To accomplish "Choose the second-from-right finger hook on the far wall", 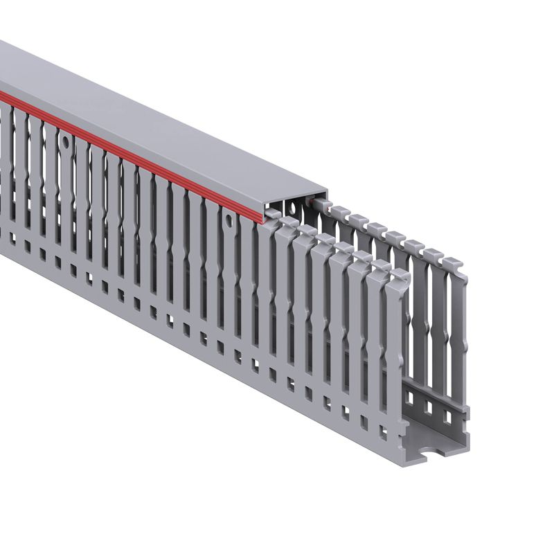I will pos(432,254).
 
